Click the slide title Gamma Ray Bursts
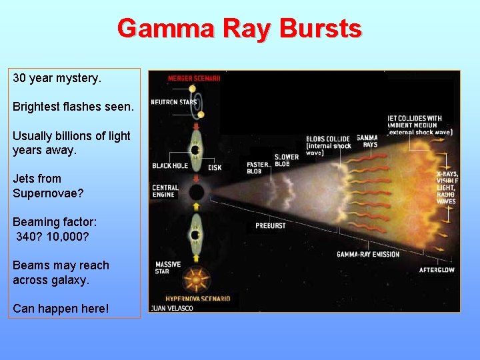(x=239, y=29)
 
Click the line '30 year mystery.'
(x=57, y=78)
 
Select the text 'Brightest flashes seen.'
(x=73, y=107)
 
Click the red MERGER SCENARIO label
(x=193, y=78)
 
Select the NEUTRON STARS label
(x=173, y=102)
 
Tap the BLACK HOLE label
(x=170, y=165)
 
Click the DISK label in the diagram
(x=215, y=167)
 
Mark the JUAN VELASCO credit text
(x=172, y=309)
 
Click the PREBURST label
(x=270, y=226)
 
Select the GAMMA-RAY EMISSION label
(x=368, y=254)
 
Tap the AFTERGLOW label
(x=437, y=270)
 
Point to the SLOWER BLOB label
(x=287, y=161)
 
